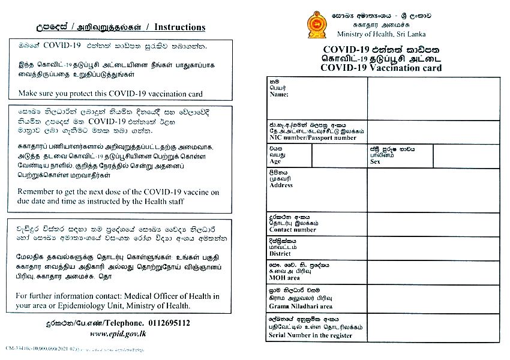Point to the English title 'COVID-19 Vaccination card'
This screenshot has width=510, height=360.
pos(381,68)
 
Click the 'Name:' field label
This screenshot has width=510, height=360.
pos(280,95)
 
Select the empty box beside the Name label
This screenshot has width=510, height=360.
pos(433,98)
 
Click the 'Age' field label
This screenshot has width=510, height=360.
pos(275,161)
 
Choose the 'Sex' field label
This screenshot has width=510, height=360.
pos(376,161)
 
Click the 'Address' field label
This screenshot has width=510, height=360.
pos(281,185)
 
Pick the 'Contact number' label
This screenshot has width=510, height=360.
pos(293,230)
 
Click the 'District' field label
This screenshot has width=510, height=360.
pos(280,254)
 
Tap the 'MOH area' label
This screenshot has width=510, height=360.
pos(285,278)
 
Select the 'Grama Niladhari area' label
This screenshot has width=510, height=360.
pos(301,306)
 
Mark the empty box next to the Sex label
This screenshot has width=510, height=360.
pos(466,155)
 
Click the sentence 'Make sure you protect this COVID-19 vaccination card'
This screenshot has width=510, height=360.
pos(110,94)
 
